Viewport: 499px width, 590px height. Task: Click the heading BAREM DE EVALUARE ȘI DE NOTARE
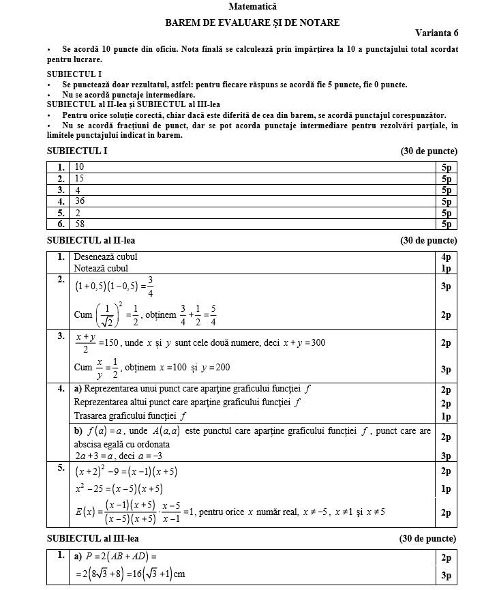[x=252, y=23]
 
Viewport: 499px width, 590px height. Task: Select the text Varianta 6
[x=437, y=33]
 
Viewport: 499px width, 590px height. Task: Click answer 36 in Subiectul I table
[x=80, y=201]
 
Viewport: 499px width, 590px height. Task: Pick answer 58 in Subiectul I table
[x=80, y=223]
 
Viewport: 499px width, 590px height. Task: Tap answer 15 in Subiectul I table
[x=80, y=178]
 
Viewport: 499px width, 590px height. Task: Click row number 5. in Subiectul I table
[x=61, y=212]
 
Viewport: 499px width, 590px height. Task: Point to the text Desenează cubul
[x=106, y=257]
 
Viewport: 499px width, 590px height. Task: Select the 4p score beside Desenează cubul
[x=446, y=257]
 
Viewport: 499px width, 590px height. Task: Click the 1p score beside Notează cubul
[x=446, y=268]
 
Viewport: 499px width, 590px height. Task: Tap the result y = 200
[x=214, y=368]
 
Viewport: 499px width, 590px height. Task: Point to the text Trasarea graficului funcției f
[x=130, y=415]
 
